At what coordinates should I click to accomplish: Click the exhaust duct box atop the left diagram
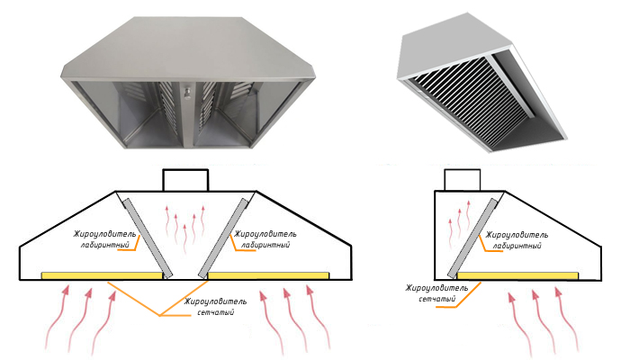coord(185,179)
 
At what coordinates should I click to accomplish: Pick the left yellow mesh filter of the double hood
coord(102,274)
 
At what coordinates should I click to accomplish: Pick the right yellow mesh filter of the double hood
coord(265,274)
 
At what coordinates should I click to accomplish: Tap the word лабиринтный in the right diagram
coord(515,246)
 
